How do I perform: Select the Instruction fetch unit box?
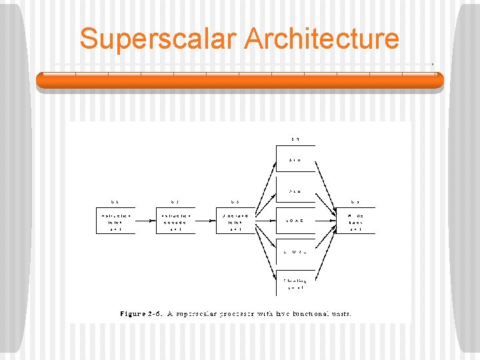pos(116,221)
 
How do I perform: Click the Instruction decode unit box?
pos(176,221)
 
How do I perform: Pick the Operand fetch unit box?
pos(235,221)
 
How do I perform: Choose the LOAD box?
pos(295,221)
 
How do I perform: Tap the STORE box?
pos(295,251)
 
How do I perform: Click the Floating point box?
pos(295,284)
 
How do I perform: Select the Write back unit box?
pos(356,221)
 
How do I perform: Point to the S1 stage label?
pos(115,202)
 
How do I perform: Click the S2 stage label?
pos(175,202)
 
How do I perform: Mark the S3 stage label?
pos(235,202)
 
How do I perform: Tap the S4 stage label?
pos(295,139)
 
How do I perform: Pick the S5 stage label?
pos(355,202)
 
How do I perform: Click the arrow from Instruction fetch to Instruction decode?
pos(145,221)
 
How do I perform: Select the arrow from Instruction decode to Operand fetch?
pos(205,221)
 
